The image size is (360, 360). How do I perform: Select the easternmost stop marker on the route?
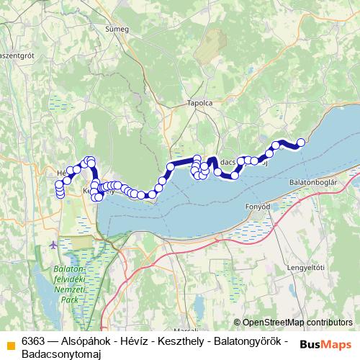pos(301,143)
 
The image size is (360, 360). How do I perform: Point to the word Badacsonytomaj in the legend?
pos(60,354)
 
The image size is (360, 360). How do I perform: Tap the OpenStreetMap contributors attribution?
pos(297,323)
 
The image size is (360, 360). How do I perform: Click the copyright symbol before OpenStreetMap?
pos(238,323)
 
